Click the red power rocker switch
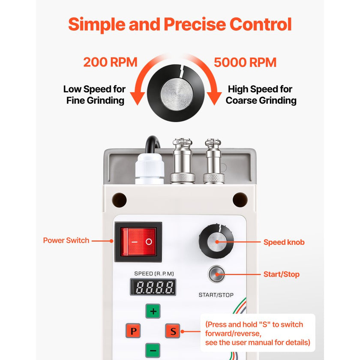pos(138,242)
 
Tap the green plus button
pos(153,311)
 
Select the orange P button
pos(133,330)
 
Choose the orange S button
pos(173,331)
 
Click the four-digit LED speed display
pos(153,287)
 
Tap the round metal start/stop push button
pos(216,274)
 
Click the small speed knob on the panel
pos(216,241)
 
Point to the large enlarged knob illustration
pos(176,93)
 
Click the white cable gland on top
pos(150,169)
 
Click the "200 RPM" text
pos(110,62)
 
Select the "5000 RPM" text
pos(245,63)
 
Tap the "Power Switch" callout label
pos(66,240)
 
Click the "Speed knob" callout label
pos(284,242)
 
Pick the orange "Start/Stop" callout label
pos(282,274)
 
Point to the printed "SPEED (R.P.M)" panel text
pos(154,274)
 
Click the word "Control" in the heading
pos(261,24)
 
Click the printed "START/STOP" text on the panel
pos(216,295)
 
